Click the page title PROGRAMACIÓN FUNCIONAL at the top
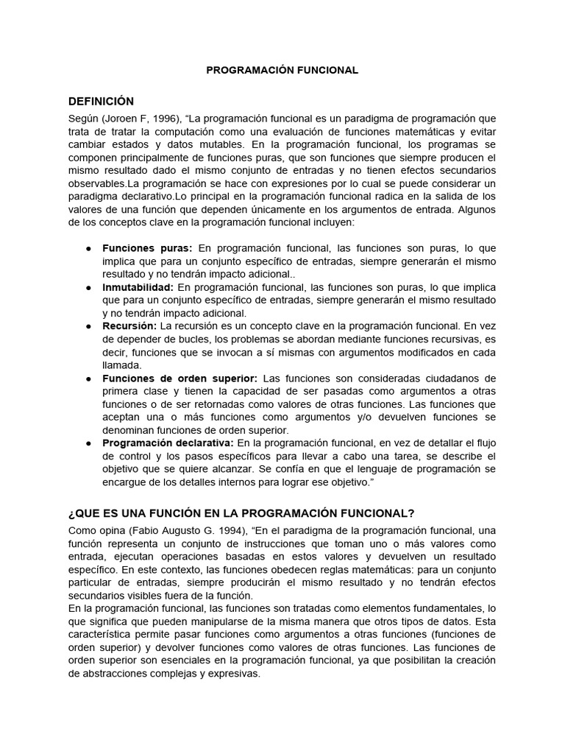[282, 71]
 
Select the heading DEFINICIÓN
[101, 101]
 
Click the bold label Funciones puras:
[147, 248]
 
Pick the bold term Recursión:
[129, 325]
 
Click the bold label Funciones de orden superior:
[180, 378]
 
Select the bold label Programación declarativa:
[168, 443]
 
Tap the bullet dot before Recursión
[88, 325]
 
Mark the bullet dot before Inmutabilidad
[88, 286]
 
